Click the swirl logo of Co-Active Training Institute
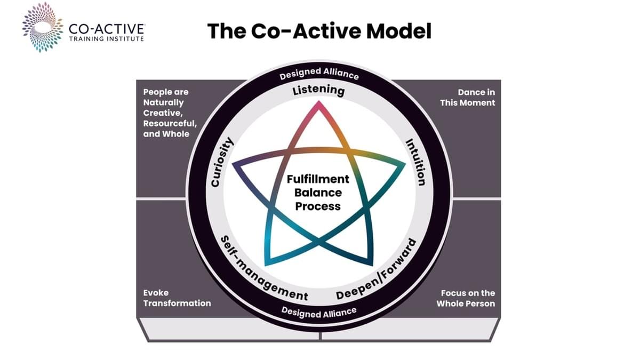point(43,27)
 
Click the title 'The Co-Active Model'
point(319,31)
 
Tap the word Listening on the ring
point(318,90)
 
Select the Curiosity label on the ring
point(222,162)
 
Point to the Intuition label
point(416,162)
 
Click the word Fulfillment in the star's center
point(318,179)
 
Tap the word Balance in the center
point(318,193)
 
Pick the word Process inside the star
point(318,206)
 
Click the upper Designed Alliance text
point(319,74)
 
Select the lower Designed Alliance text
point(319,313)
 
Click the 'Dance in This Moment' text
point(467,98)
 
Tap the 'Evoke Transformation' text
point(177,298)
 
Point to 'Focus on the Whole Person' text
point(466,298)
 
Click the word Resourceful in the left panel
point(170,123)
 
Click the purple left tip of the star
point(233,164)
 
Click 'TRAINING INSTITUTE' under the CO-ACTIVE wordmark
point(107,39)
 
